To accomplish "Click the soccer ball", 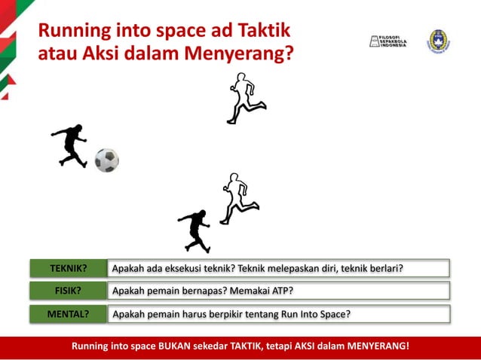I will pos(107,160).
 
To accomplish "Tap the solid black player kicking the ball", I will pos(69,145).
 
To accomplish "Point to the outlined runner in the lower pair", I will pos(236,198).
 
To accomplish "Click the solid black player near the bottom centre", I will pos(195,229).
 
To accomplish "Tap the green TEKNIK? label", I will pos(69,268).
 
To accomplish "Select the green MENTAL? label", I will pos(69,313).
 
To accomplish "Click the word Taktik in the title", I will pos(260,31).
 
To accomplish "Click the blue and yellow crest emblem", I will pos(438,41).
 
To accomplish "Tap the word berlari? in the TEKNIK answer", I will pos(384,268).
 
